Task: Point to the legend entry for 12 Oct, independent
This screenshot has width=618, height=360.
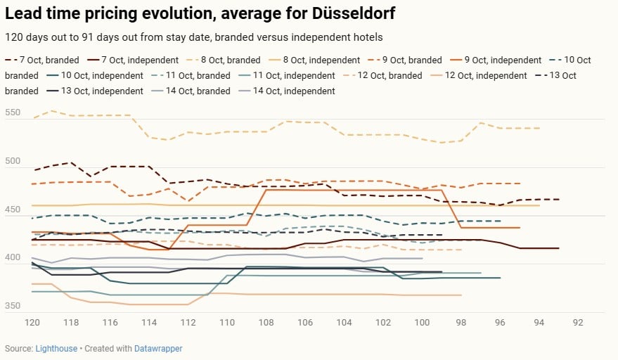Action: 484,76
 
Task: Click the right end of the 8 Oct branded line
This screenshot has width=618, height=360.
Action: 539,128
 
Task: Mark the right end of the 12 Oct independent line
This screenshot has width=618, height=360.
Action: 461,295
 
